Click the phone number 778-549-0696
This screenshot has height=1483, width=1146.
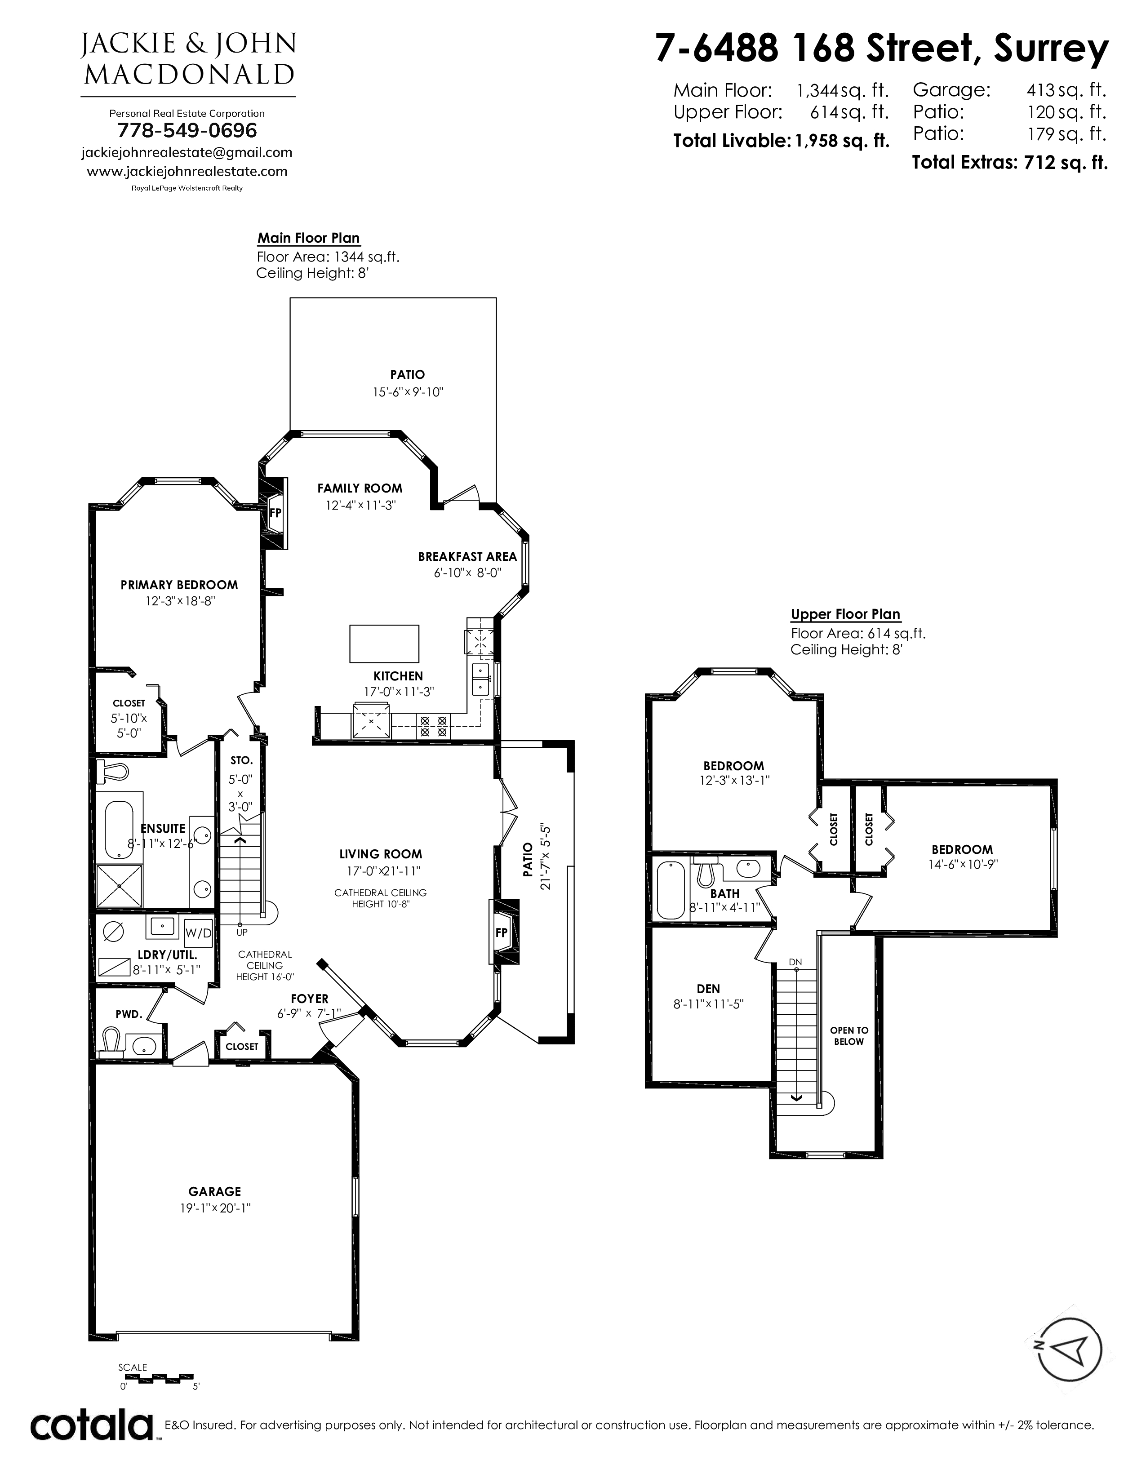187,130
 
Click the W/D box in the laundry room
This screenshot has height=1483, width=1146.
198,933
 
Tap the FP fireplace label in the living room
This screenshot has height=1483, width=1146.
502,932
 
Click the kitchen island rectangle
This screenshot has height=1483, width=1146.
384,643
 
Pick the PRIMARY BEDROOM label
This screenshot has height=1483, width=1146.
179,585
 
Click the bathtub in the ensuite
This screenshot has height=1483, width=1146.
120,830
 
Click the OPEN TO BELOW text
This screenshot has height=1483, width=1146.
849,1035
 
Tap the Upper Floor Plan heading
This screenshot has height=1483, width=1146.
845,614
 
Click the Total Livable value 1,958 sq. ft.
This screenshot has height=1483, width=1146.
842,141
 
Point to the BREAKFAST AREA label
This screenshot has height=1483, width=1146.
467,557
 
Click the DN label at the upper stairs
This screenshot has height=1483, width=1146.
795,962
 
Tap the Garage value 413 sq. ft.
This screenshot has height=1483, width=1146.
1066,89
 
